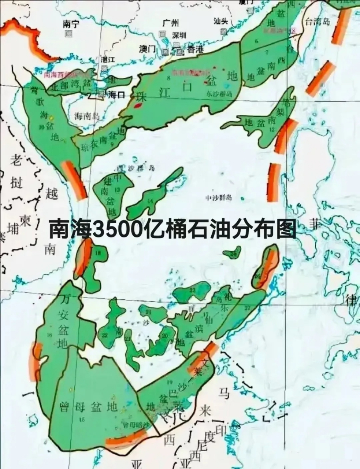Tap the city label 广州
170,23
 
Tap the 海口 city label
117,95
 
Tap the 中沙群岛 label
219,198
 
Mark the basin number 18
98,253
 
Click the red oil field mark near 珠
138,106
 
